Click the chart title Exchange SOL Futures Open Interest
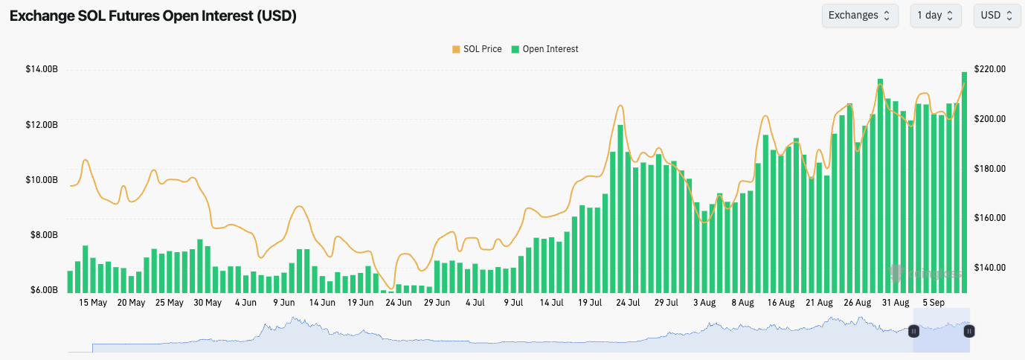pyautogui.click(x=152, y=16)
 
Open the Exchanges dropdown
pyautogui.click(x=859, y=16)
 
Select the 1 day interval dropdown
pyautogui.click(x=935, y=16)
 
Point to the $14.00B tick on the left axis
pyautogui.click(x=42, y=69)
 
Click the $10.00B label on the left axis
pyautogui.click(x=42, y=180)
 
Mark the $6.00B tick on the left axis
pyautogui.click(x=43, y=290)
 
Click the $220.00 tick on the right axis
pyautogui.click(x=990, y=69)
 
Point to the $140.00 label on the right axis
pyautogui.click(x=990, y=268)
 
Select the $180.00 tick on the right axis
pyautogui.click(x=990, y=169)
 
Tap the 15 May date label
pyautogui.click(x=93, y=303)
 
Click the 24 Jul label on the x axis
pyautogui.click(x=628, y=303)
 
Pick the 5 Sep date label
pyautogui.click(x=934, y=303)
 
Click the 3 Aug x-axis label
pyautogui.click(x=704, y=303)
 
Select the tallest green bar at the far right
pyautogui.click(x=964, y=182)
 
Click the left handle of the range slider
pyautogui.click(x=913, y=331)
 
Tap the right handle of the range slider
pyautogui.click(x=969, y=331)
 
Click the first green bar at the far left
pyautogui.click(x=70, y=281)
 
